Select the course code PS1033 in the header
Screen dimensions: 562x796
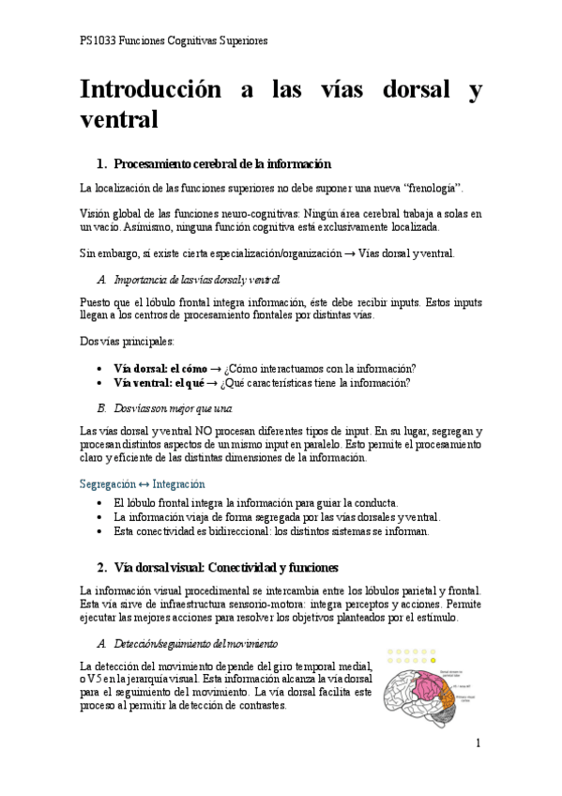tap(99, 41)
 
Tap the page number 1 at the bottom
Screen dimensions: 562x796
tap(478, 742)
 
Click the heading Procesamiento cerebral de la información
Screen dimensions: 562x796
tap(221, 163)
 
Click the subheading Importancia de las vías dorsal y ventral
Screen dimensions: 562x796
tap(196, 280)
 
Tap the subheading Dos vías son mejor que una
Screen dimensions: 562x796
tap(171, 408)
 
